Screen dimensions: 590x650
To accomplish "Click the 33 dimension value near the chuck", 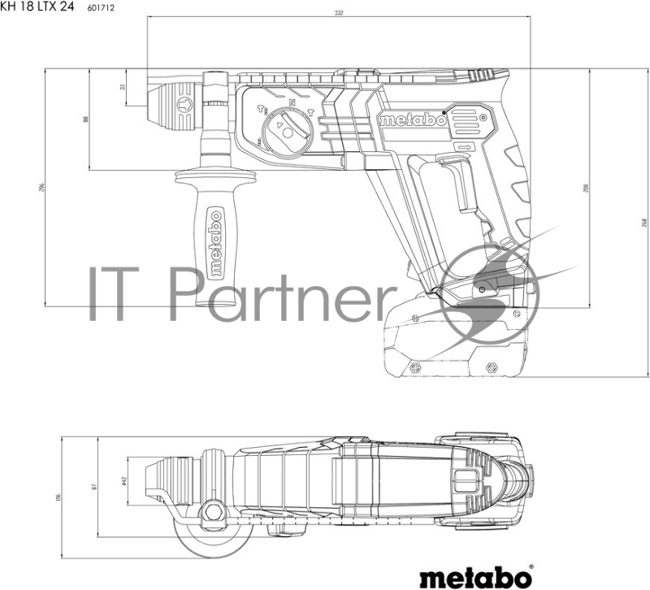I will click(123, 86).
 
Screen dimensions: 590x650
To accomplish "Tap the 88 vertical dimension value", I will click(85, 119).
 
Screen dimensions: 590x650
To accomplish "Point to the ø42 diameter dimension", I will click(123, 481).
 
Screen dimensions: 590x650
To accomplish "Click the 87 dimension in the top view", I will click(94, 486).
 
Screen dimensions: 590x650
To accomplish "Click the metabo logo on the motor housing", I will click(412, 120).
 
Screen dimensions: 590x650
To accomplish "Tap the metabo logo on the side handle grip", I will click(216, 243).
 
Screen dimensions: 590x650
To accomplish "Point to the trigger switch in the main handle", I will click(460, 192).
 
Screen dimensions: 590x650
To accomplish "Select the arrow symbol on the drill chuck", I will click(184, 103).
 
